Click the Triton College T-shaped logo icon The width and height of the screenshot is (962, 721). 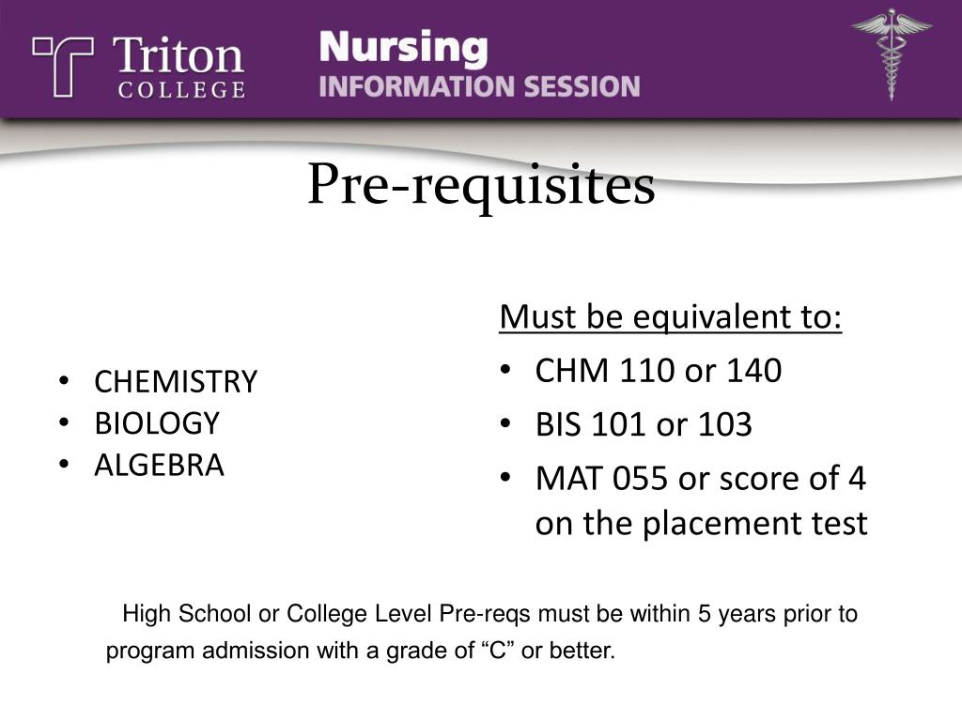click(x=62, y=66)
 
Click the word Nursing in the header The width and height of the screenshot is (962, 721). click(x=404, y=47)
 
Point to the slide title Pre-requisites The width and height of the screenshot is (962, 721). click(x=481, y=185)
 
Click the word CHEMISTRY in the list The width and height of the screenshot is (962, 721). click(x=175, y=382)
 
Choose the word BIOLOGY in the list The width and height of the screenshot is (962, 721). click(x=156, y=423)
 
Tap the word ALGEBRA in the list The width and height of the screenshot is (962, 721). click(x=159, y=465)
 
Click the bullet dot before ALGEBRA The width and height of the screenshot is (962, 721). click(x=63, y=464)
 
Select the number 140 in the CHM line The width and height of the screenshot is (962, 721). click(x=753, y=372)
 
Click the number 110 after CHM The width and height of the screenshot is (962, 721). click(x=647, y=372)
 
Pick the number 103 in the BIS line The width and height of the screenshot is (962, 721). click(x=724, y=425)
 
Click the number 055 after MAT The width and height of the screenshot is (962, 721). click(x=641, y=480)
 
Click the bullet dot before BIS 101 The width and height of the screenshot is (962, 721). click(x=505, y=424)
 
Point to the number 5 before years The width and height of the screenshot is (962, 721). click(x=704, y=615)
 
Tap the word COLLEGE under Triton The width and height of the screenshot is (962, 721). click(x=180, y=90)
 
